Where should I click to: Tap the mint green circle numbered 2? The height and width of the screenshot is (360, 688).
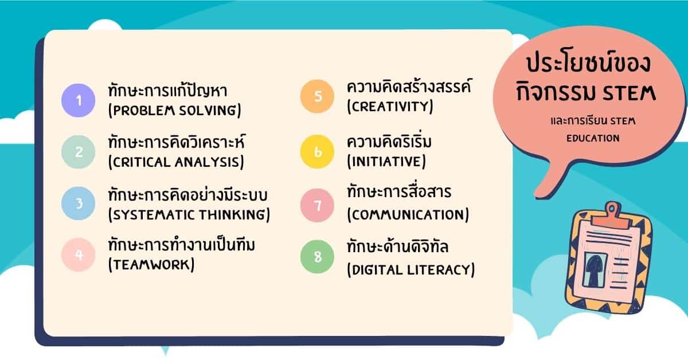(79, 151)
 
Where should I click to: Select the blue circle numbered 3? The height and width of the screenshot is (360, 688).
(79, 203)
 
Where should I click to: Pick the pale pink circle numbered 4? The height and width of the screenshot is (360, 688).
(79, 254)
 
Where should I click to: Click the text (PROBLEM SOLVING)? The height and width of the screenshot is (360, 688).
(174, 110)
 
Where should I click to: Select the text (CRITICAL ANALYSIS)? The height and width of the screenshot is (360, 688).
(176, 162)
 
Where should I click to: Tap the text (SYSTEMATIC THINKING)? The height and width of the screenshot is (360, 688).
(189, 215)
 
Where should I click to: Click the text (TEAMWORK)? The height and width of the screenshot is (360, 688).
(151, 264)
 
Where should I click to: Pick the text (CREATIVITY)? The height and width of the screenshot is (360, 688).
(390, 107)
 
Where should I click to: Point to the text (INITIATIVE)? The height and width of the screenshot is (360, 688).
(386, 162)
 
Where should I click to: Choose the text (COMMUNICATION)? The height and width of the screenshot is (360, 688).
(408, 215)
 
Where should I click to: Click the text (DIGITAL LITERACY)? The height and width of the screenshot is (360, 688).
(411, 269)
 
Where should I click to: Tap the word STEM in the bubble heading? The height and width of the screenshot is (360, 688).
(630, 92)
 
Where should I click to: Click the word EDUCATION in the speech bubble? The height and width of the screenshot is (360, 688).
(593, 138)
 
